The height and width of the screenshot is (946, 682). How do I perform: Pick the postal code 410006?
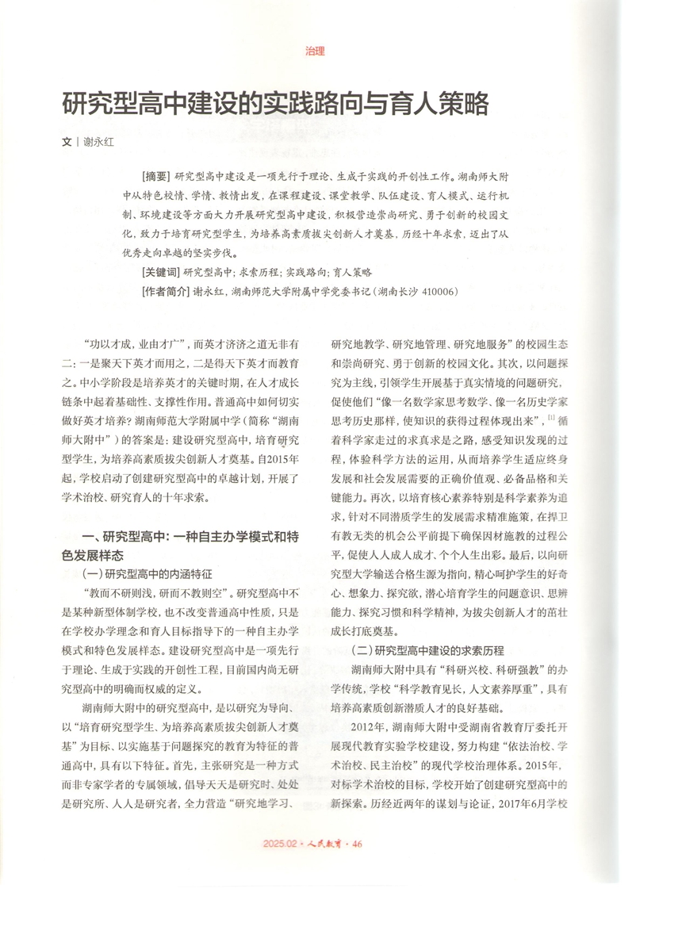pos(435,291)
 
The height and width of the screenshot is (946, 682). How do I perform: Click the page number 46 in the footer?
pos(357,844)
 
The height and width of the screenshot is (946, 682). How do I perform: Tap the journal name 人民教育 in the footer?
pos(325,844)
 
